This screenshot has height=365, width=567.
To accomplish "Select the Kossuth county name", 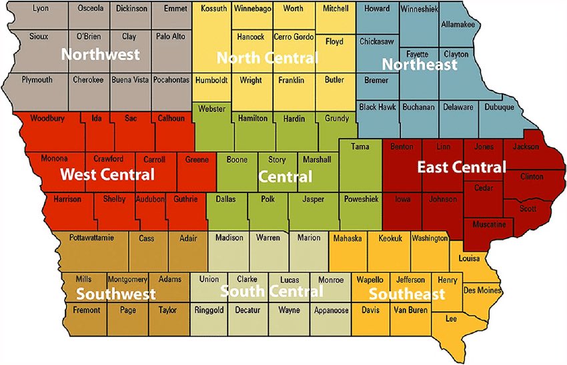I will click(x=213, y=9).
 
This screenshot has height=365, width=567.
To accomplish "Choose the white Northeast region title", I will click(x=419, y=65).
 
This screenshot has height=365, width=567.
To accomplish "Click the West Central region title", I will click(x=107, y=175).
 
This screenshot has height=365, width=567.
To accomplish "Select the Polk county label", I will click(x=268, y=198).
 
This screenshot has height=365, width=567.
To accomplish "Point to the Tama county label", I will click(x=360, y=146).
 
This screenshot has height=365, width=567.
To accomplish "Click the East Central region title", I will click(x=462, y=167).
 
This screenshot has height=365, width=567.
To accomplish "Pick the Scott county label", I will click(x=528, y=208).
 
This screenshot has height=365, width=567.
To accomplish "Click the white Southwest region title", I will click(x=115, y=294).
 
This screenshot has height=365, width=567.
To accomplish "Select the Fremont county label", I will click(x=87, y=310).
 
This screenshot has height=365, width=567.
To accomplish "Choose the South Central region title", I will click(x=271, y=291).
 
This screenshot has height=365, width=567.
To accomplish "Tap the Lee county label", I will click(x=451, y=319).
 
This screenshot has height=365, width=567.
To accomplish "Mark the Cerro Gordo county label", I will click(x=293, y=37).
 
